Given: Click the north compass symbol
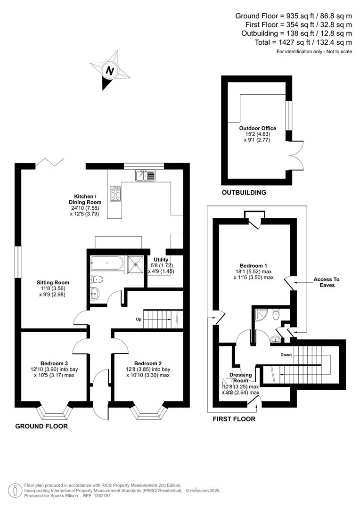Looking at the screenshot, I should coord(110,71).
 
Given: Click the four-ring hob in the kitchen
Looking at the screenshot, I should coord(115,193).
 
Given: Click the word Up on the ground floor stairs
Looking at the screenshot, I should coord(139,319).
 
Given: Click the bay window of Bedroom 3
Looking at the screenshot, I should coord(56,412).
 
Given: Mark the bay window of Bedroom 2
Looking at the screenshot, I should coord(149,412).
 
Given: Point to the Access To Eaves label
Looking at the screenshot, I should coord(326,282).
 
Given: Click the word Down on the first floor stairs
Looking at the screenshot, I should coord(286,354).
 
